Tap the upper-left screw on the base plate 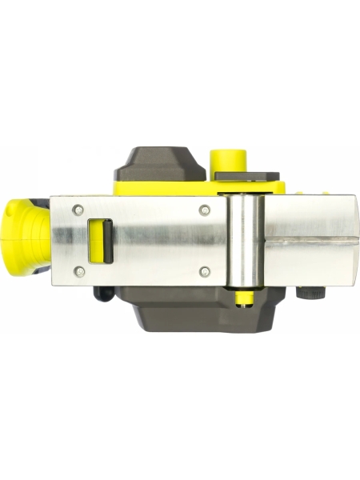click(78, 209)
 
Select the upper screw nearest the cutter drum click(205, 210)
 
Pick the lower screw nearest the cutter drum click(205, 271)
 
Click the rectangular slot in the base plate click(98, 240)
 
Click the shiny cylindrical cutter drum click(245, 239)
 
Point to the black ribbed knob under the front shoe click(306, 293)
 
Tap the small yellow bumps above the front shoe click(316, 192)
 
